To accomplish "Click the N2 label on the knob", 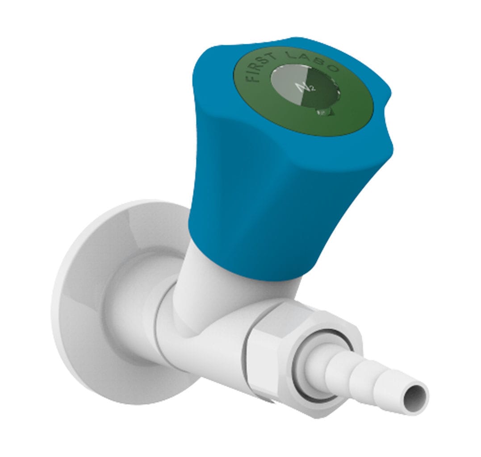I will [308, 86].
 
